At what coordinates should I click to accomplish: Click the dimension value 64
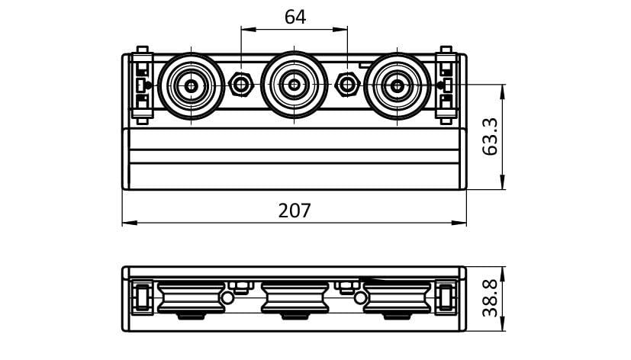pyautogui.click(x=295, y=17)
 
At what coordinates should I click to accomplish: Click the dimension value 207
pyautogui.click(x=295, y=210)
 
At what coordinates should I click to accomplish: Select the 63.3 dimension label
pyautogui.click(x=491, y=137)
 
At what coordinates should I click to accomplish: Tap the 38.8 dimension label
pyautogui.click(x=491, y=298)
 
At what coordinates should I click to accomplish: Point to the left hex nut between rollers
pyautogui.click(x=242, y=84)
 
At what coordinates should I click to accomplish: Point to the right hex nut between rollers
pyautogui.click(x=347, y=84)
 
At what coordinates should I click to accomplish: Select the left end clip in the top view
pyautogui.click(x=141, y=85)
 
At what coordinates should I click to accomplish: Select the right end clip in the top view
pyautogui.click(x=446, y=85)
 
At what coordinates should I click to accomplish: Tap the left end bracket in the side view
pyautogui.click(x=141, y=297)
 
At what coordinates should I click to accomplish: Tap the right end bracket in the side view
pyautogui.click(x=447, y=297)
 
